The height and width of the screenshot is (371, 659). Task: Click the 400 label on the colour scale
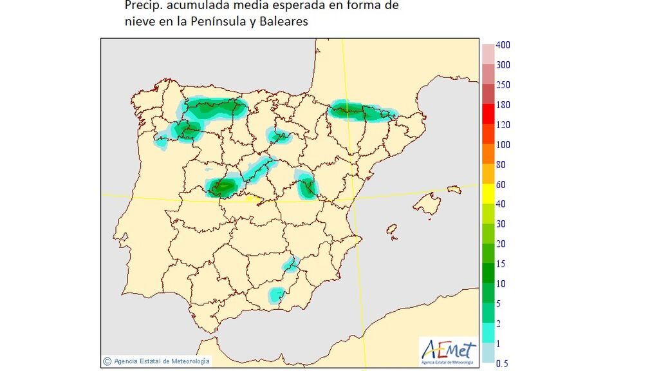(503, 45)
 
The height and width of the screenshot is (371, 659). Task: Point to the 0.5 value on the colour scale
(503, 364)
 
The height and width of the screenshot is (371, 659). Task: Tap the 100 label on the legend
(503, 144)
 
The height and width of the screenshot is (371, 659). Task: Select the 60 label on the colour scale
(500, 184)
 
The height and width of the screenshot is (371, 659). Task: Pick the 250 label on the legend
(503, 85)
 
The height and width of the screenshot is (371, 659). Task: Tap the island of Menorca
(454, 189)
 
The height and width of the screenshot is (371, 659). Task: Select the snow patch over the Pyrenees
(362, 112)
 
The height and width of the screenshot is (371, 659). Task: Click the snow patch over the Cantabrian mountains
(216, 107)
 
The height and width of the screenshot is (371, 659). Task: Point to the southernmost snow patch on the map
(277, 295)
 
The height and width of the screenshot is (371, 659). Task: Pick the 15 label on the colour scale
(500, 264)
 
